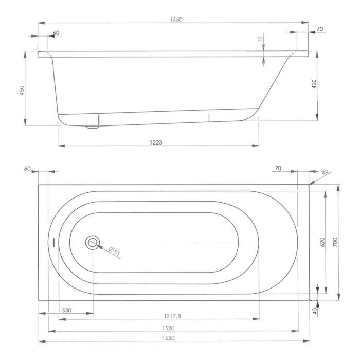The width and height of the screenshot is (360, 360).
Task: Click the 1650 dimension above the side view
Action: click(176, 20)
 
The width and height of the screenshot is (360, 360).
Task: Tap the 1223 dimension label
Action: click(156, 142)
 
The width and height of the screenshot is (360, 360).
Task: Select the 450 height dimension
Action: click(22, 91)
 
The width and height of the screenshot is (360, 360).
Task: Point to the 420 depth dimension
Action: click(314, 84)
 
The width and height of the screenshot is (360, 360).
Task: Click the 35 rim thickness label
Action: click(260, 39)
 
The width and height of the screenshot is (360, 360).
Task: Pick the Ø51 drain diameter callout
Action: click(114, 251)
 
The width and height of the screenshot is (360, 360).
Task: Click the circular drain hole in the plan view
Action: click(93, 242)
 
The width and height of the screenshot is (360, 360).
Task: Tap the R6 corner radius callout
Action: click(325, 172)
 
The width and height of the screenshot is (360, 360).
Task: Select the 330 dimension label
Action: click(66, 311)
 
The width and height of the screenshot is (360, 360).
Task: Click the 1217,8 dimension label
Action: click(172, 316)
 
